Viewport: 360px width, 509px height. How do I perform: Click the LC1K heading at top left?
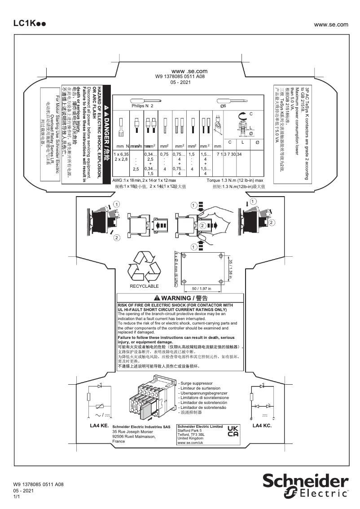28,24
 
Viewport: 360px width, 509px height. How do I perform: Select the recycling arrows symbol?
145,266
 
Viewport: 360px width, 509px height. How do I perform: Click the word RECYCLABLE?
144,286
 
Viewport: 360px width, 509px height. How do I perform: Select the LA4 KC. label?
262,425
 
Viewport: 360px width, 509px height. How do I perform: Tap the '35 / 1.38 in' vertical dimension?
230,269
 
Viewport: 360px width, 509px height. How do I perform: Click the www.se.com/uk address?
191,443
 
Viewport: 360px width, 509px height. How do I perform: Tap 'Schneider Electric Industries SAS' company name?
141,427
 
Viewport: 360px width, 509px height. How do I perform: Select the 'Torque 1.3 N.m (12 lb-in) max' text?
236,180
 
